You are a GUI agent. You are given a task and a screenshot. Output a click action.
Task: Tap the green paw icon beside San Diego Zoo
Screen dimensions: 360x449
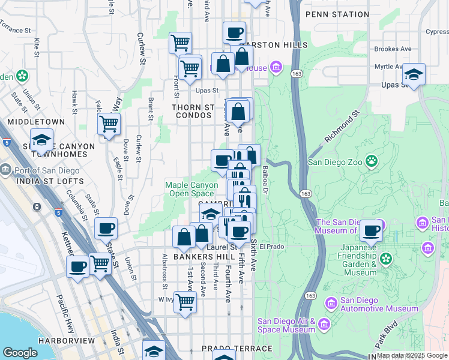coord(372,161)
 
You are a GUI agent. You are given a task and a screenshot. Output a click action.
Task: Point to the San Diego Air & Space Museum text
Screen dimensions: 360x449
coord(286,325)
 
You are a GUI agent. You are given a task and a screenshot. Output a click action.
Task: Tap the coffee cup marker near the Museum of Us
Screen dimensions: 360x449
coord(372,230)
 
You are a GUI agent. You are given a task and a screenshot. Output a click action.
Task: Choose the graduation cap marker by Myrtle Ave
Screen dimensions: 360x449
coord(414,74)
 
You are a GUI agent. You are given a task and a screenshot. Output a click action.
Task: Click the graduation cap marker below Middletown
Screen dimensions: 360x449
coord(41,139)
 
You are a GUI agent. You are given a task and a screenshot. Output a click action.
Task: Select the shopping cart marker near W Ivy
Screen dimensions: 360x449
coord(185,302)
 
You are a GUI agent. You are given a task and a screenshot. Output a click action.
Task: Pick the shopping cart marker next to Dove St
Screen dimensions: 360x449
coord(109,124)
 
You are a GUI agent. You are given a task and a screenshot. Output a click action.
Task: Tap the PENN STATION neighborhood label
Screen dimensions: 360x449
coord(337,14)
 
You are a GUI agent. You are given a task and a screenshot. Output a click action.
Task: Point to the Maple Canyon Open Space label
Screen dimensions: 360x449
coord(191,189)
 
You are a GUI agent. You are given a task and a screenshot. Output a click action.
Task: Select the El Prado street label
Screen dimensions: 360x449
coord(271,246)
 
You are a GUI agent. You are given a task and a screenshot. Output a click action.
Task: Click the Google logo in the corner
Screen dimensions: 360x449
coord(20,353)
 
